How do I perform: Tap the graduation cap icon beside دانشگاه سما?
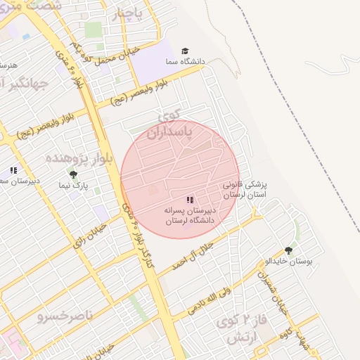185,51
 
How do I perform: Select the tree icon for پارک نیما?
73,174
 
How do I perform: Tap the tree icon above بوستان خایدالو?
288,250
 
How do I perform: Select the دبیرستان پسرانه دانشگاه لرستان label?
189,215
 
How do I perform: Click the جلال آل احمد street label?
204,253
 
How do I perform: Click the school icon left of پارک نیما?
13,170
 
